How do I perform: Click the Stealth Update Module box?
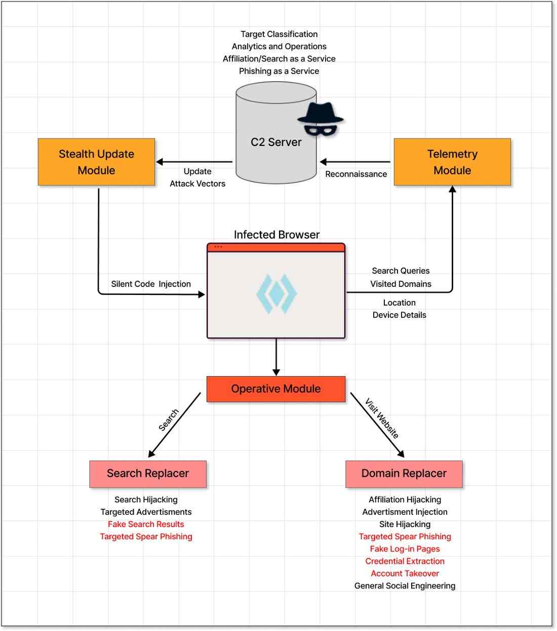point(96,162)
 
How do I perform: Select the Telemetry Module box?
point(452,162)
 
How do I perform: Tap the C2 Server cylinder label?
point(276,142)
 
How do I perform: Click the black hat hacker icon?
point(320,119)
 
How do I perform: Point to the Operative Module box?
point(276,389)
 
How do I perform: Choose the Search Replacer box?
point(148,474)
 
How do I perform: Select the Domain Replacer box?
point(404,474)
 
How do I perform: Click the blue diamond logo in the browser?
point(276,293)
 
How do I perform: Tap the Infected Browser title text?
point(276,235)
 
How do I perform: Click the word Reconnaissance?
point(356,174)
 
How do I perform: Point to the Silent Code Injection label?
point(151,284)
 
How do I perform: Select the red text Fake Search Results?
point(146,524)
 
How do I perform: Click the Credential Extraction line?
point(405,561)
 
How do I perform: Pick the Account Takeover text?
point(405,573)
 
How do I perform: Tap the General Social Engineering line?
point(405,586)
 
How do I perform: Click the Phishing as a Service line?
point(279,71)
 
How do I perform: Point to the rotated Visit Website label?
point(382,418)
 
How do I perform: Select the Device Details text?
point(399,315)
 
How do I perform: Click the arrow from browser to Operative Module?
point(276,357)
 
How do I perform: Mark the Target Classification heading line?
point(279,34)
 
